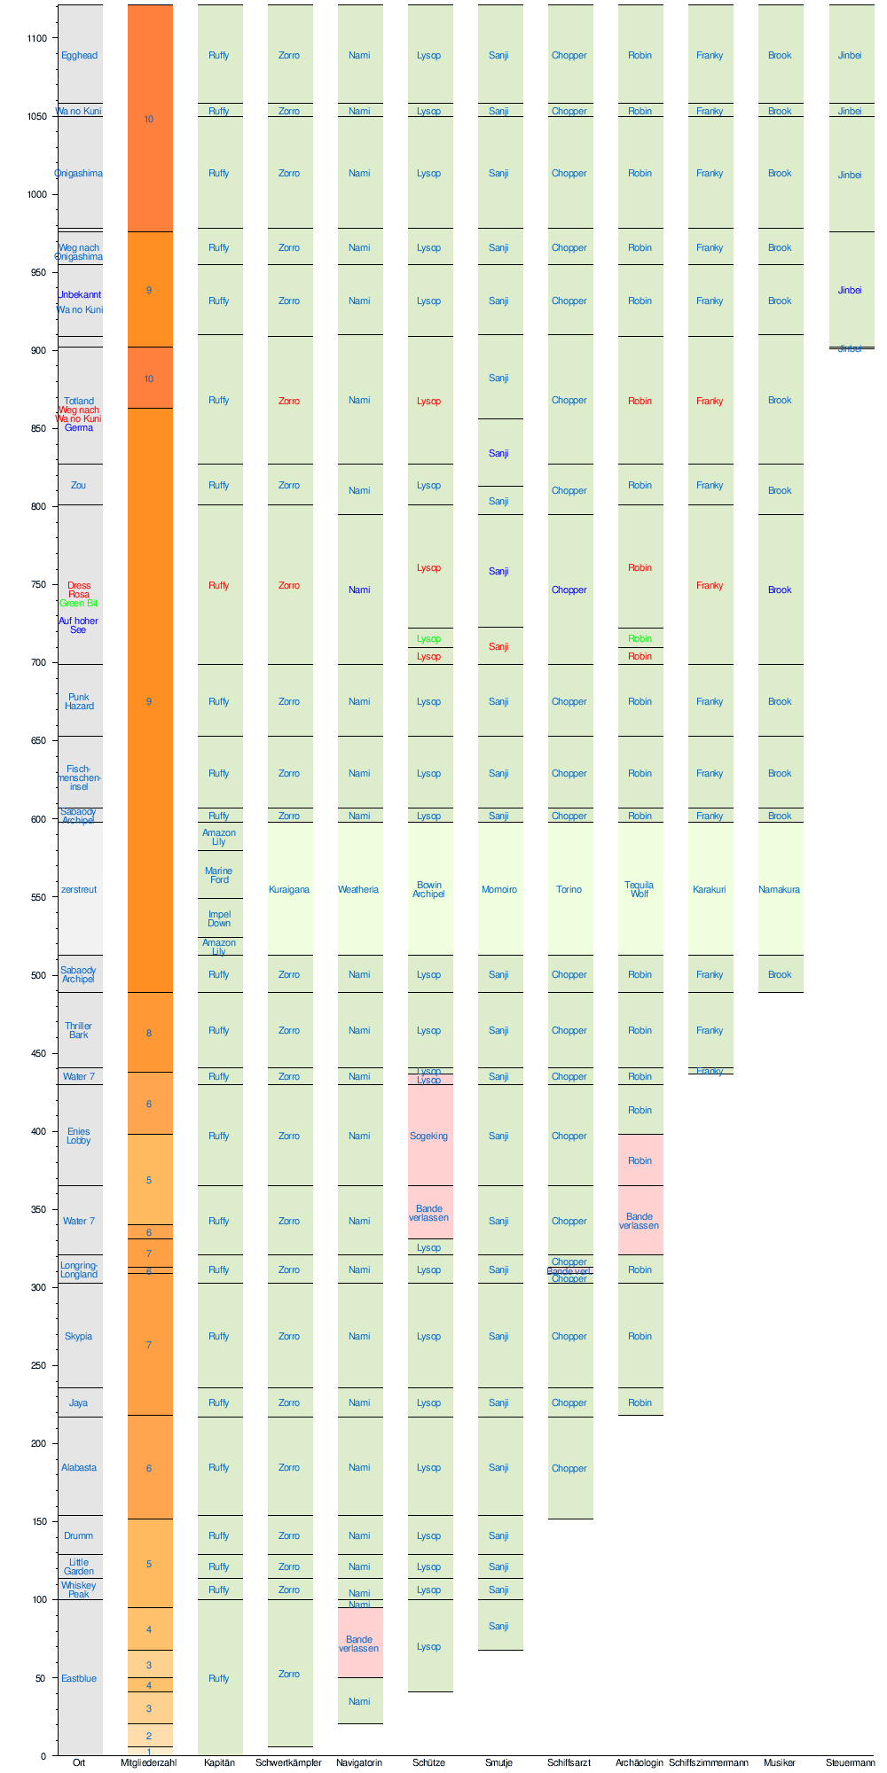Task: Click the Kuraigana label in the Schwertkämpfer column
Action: pyautogui.click(x=289, y=889)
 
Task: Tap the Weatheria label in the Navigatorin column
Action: pyautogui.click(x=358, y=889)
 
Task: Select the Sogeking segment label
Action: pyautogui.click(x=429, y=1136)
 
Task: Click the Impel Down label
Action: pyautogui.click(x=219, y=918)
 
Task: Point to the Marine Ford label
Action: pyautogui.click(x=219, y=875)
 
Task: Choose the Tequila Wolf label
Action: pyautogui.click(x=640, y=889)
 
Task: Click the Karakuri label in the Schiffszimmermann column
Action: pyautogui.click(x=710, y=889)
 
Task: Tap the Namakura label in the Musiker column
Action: pyautogui.click(x=780, y=889)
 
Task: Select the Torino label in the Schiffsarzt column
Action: pyautogui.click(x=569, y=889)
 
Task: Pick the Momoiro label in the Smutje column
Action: pyautogui.click(x=499, y=889)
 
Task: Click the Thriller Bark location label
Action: pyautogui.click(x=79, y=1030)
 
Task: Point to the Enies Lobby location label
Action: pyautogui.click(x=79, y=1136)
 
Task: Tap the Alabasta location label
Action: pyautogui.click(x=79, y=1467)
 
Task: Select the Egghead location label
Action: pyautogui.click(x=79, y=55)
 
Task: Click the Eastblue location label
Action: pyautogui.click(x=79, y=1678)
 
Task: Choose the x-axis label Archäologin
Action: pyautogui.click(x=640, y=1762)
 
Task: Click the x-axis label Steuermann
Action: pyautogui.click(x=850, y=1762)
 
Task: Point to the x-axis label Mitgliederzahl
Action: pyautogui.click(x=149, y=1762)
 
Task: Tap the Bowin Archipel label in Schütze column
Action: pyautogui.click(x=429, y=889)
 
